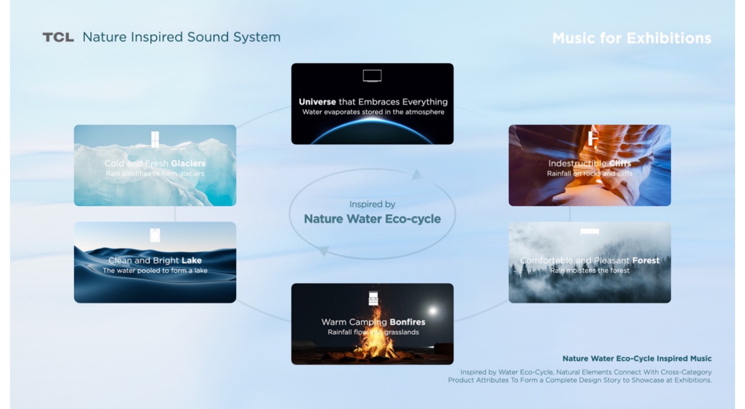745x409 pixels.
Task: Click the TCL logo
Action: click(58, 37)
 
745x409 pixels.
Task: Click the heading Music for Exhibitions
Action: click(631, 38)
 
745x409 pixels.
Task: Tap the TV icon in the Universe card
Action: click(372, 76)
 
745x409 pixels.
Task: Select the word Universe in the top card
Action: click(317, 102)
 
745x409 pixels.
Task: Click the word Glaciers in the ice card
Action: click(188, 163)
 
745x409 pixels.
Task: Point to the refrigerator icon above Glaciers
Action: click(155, 139)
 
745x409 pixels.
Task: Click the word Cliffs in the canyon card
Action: click(620, 163)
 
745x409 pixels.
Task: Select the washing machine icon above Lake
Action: click(155, 235)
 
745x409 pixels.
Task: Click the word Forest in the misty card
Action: click(645, 260)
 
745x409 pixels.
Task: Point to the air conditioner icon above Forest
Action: click(589, 232)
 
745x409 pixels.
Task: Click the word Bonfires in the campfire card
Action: click(407, 322)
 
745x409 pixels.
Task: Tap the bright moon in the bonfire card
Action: click(433, 310)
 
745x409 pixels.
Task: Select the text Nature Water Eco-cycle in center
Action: click(372, 219)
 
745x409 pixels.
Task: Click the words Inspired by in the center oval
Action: click(372, 204)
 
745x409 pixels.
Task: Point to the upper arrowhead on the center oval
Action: click(417, 175)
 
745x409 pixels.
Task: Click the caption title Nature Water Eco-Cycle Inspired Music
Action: click(637, 358)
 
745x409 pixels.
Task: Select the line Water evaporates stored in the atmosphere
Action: click(373, 112)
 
